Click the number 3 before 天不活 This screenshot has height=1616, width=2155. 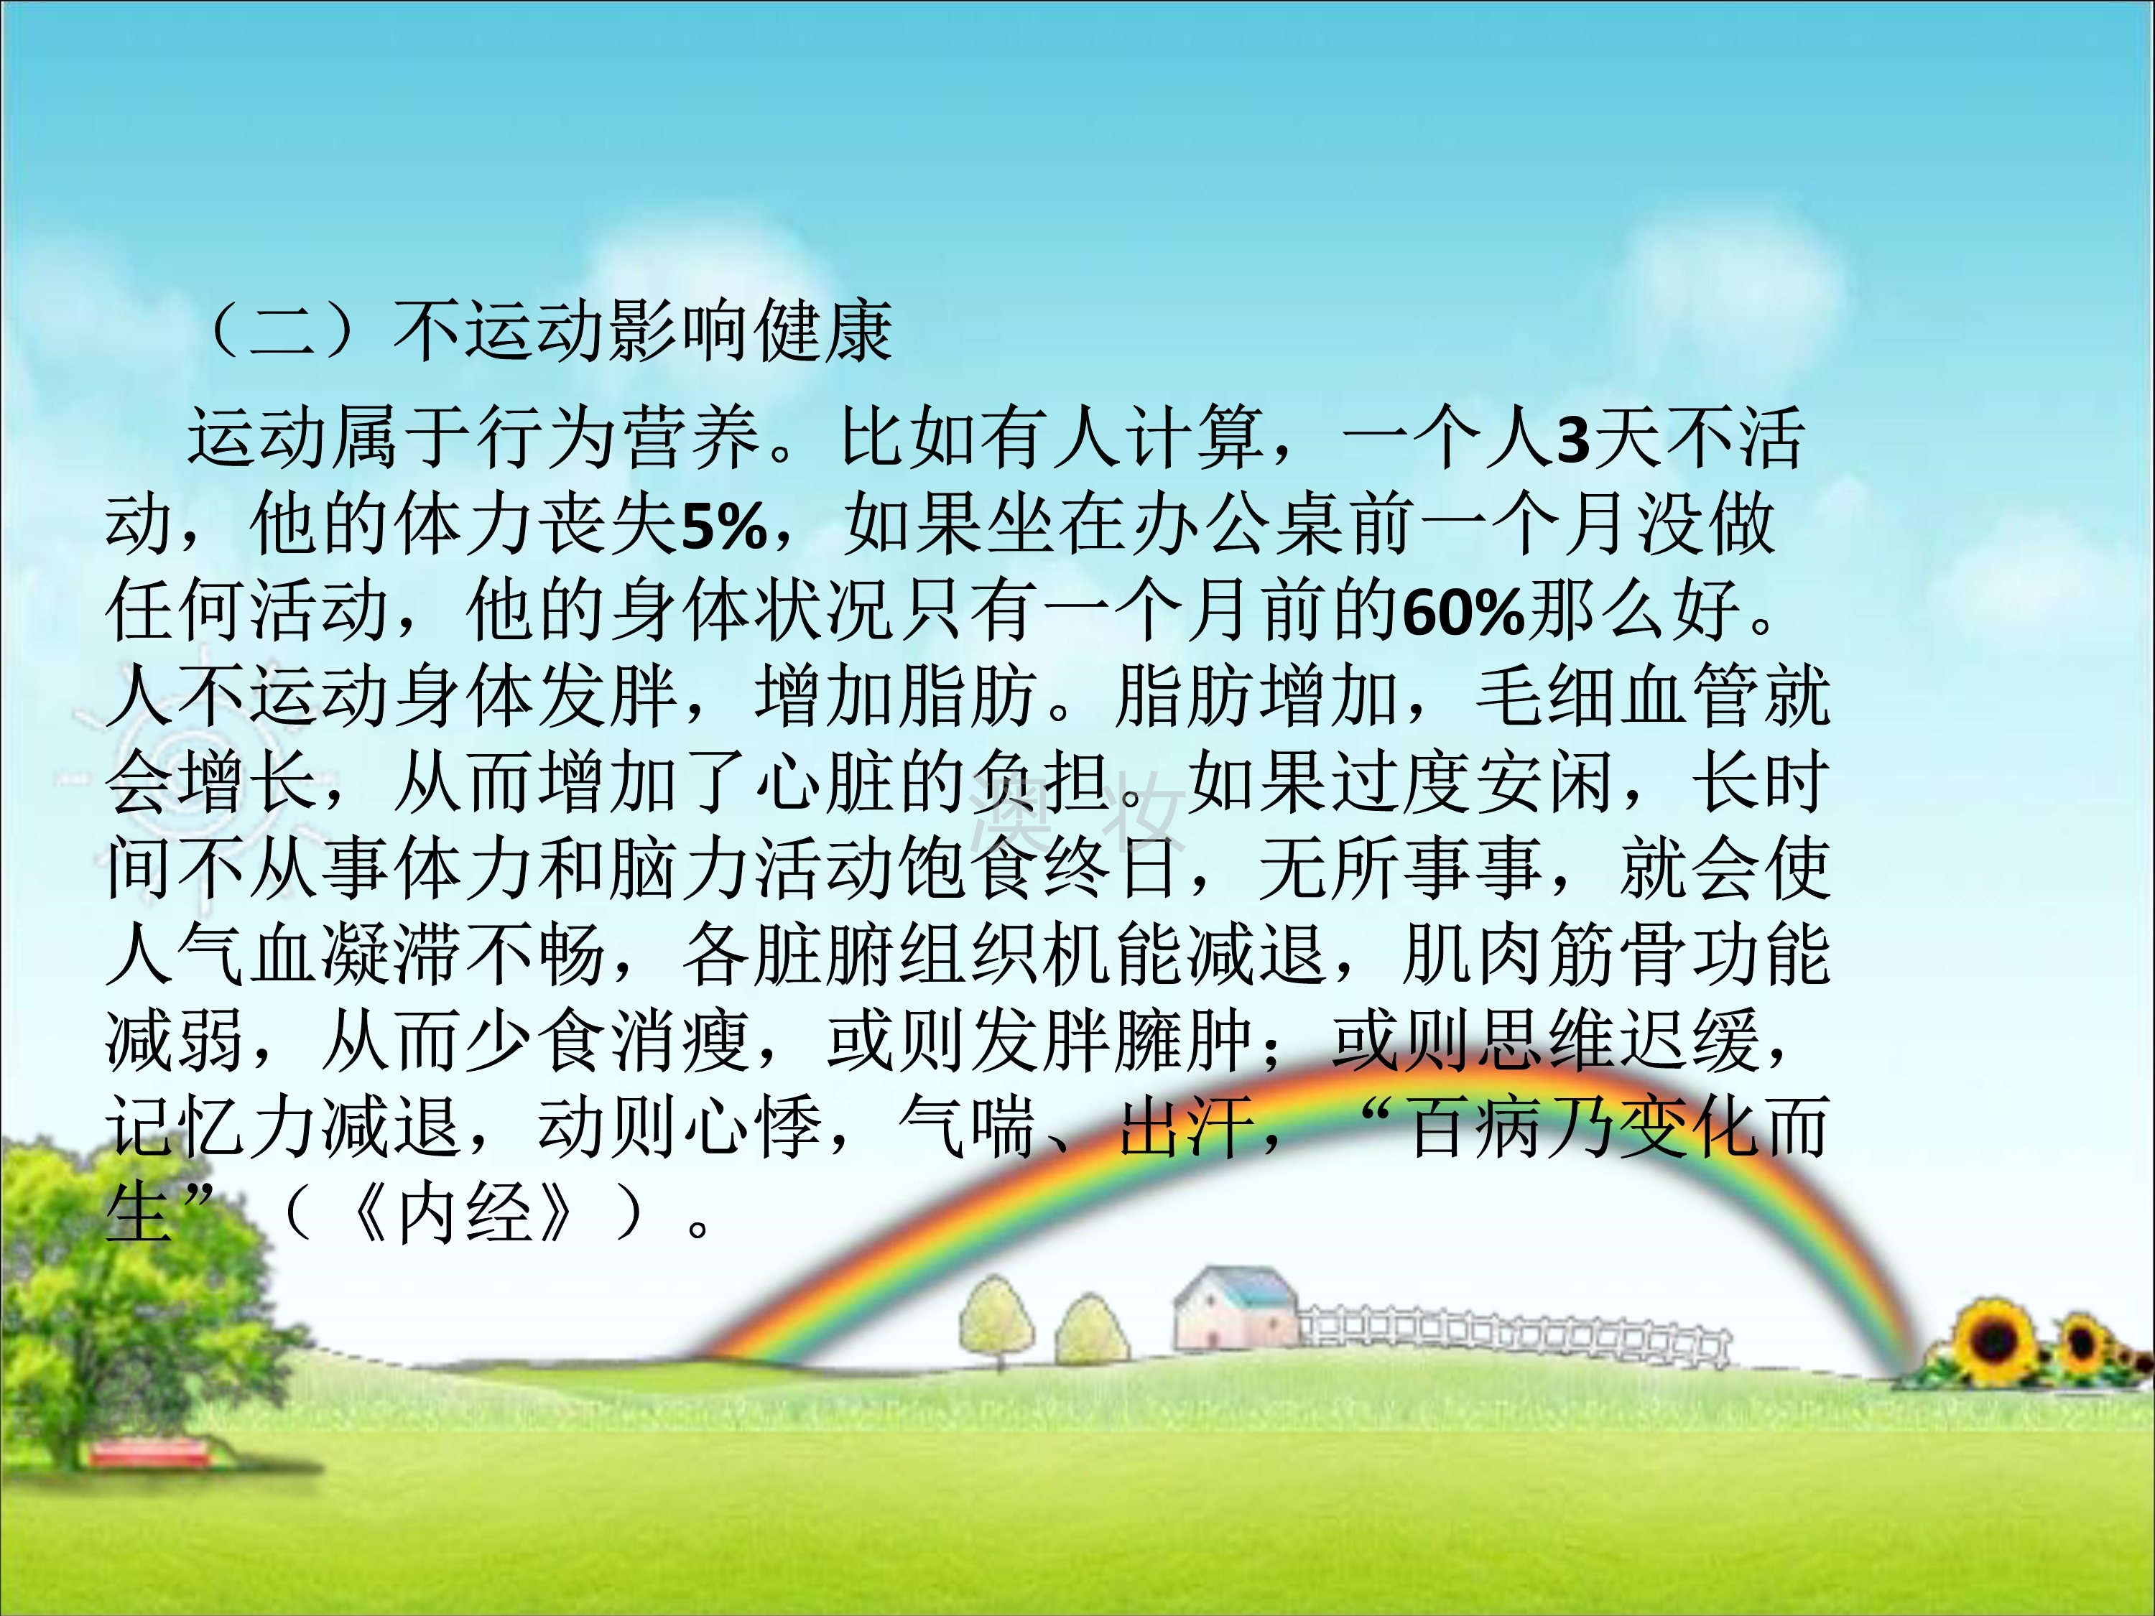[1572, 440]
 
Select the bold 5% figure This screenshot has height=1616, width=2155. [724, 527]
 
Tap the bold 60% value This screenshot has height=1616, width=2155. [1464, 613]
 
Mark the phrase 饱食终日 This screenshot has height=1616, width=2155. [1042, 868]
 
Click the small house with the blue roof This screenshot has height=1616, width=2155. [1236, 1310]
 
